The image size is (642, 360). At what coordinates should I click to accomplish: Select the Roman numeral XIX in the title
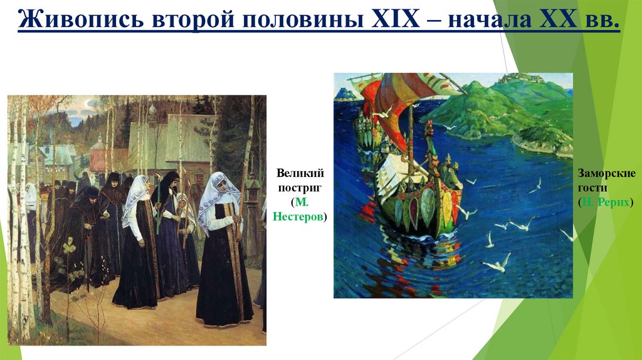[x=397, y=23]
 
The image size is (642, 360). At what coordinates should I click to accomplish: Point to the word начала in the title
[x=488, y=23]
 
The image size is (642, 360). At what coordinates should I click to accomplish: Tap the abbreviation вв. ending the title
[x=603, y=23]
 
